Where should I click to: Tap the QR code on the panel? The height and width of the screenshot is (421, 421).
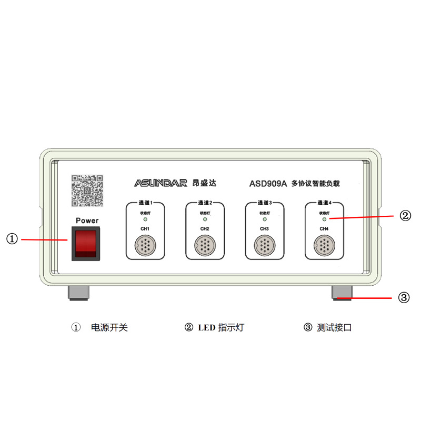87,191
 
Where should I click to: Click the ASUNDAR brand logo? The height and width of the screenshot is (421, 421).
161,183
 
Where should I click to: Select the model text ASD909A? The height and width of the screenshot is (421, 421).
268,184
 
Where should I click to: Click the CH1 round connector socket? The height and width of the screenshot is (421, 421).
145,245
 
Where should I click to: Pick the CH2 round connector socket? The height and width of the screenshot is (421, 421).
205,245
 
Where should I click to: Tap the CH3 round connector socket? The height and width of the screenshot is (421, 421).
265,245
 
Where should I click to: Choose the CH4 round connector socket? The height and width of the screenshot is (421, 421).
324,245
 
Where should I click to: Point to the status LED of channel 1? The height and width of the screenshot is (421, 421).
145,218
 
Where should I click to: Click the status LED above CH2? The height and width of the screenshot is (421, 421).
205,218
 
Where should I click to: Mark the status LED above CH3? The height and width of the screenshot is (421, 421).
265,218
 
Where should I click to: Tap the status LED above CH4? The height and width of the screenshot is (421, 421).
324,218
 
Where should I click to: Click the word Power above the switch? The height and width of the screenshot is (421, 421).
87,220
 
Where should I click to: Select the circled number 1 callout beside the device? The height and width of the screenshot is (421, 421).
12,239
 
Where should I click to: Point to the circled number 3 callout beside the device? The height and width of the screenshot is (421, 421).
404,297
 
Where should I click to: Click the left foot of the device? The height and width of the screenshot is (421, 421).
79,293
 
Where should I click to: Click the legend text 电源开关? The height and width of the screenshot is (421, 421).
109,327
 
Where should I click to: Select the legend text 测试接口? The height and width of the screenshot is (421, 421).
334,327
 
